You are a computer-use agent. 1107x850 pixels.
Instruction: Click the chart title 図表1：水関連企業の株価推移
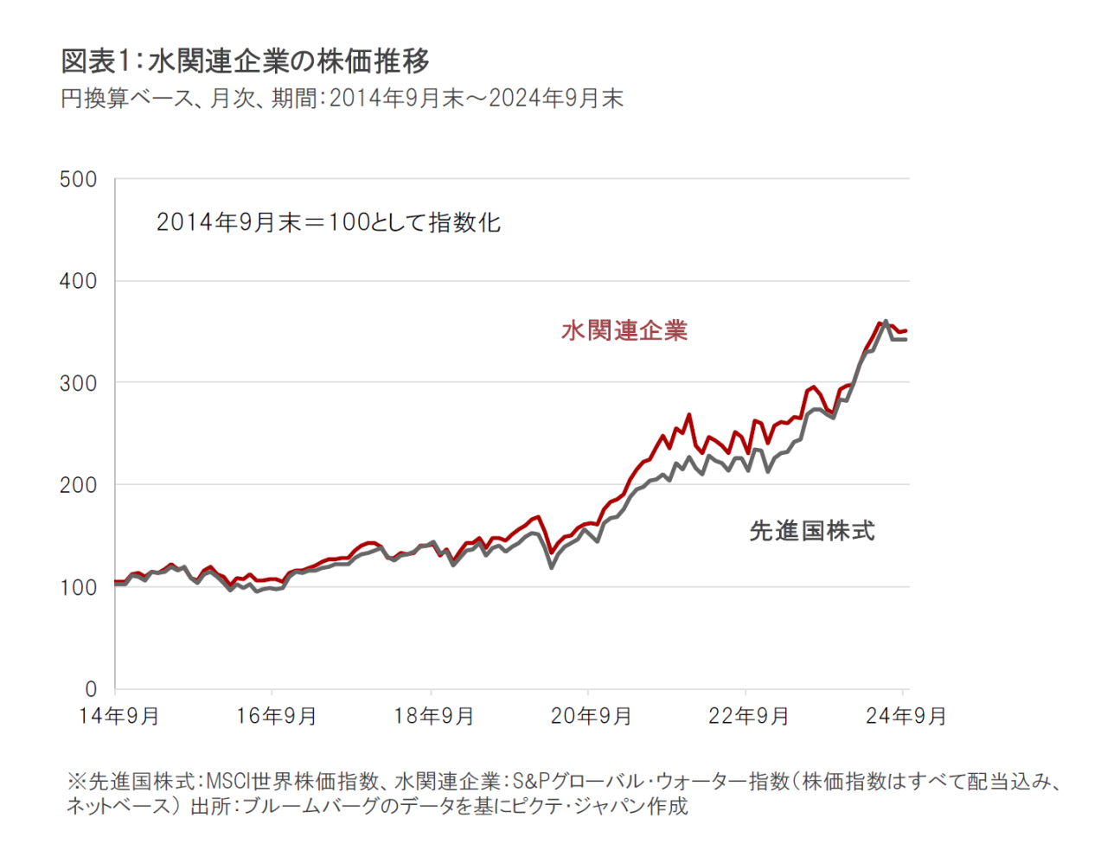[245, 61]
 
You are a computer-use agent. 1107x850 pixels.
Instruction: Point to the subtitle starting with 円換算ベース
[342, 99]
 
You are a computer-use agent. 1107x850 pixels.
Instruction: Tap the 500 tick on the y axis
[78, 180]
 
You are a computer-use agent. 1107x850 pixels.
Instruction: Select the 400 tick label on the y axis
[78, 281]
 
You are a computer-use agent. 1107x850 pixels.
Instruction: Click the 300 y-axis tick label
[78, 383]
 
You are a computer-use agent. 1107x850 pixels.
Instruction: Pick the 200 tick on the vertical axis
[78, 485]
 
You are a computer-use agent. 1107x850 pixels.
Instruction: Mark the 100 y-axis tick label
[78, 587]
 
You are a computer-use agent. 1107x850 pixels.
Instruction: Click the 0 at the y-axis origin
[91, 689]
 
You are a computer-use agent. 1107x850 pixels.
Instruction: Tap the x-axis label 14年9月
[118, 717]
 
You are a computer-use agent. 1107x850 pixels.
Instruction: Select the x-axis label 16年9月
[276, 717]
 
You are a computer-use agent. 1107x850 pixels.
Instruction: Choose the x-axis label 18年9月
[433, 717]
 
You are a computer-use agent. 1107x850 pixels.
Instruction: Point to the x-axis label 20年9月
[591, 717]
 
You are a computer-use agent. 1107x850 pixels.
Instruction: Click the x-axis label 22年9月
[748, 717]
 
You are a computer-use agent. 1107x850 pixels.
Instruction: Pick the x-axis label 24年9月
[905, 717]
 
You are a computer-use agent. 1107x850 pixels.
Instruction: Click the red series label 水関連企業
[624, 330]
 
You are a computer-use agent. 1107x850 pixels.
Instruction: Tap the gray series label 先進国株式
[812, 531]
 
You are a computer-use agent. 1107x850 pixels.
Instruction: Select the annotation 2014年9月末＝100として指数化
[329, 223]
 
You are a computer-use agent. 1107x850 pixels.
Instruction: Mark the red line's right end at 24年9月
[905, 330]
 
